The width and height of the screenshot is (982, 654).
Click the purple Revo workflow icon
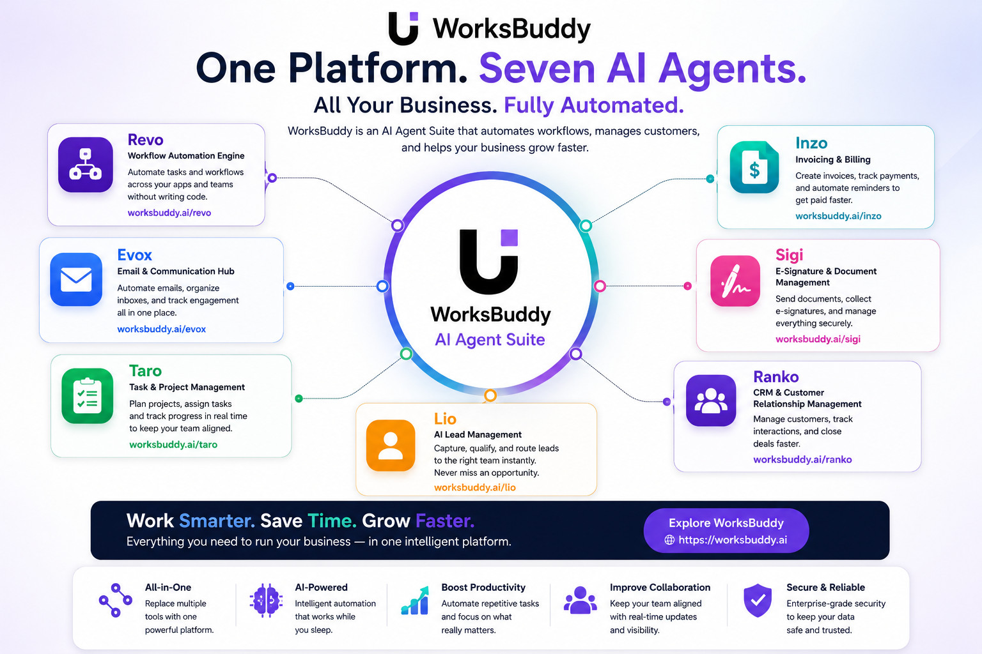(x=86, y=165)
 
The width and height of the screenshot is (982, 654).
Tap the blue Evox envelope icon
(x=76, y=279)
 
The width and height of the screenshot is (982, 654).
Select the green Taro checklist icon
(x=87, y=395)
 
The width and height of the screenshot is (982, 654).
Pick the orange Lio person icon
(x=391, y=446)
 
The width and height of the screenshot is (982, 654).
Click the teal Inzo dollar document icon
(x=754, y=167)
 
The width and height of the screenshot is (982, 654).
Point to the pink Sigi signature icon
(x=735, y=281)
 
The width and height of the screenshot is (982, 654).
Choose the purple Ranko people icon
(x=711, y=400)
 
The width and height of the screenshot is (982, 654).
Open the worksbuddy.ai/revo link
(x=169, y=213)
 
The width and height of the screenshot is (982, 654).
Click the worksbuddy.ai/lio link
(x=475, y=487)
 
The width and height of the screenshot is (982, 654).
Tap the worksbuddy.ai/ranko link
(x=802, y=459)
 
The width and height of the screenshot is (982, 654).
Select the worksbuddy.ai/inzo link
(x=838, y=216)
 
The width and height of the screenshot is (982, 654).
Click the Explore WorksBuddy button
(x=726, y=531)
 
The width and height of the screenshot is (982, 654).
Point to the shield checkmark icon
(x=758, y=600)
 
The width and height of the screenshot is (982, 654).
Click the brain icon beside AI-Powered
(x=266, y=600)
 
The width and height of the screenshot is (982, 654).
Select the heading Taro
(x=145, y=371)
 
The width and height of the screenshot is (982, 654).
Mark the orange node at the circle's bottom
(x=490, y=395)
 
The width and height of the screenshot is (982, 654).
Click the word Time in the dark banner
(x=332, y=521)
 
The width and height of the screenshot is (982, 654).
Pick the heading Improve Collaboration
(x=660, y=588)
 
